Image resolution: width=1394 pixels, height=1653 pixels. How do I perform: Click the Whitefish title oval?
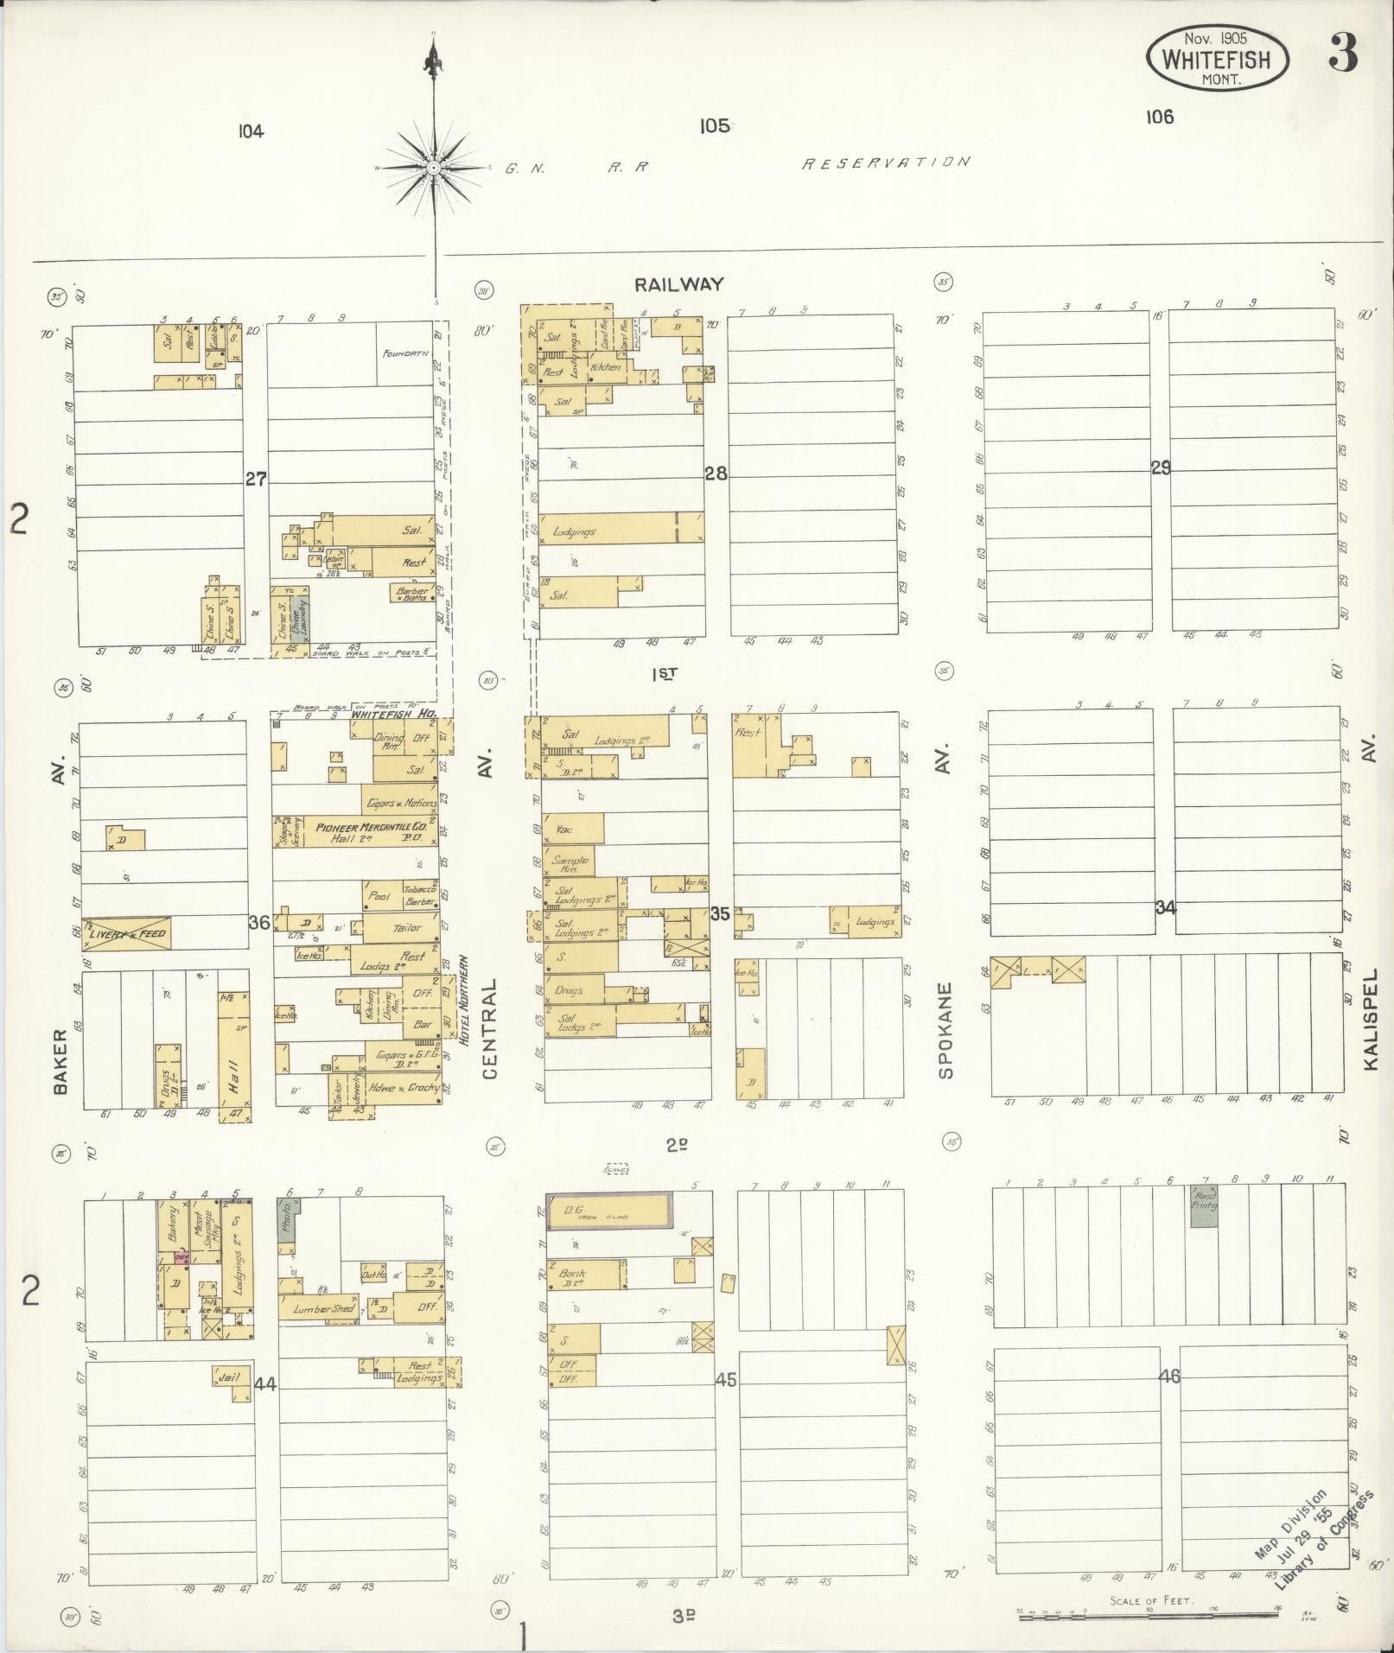point(1217,59)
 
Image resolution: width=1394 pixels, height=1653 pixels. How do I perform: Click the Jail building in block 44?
point(231,1377)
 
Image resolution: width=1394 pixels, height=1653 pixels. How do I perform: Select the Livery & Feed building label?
point(126,933)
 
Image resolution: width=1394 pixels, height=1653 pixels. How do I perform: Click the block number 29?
point(1160,467)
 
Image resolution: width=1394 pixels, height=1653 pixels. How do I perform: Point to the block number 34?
point(1165,907)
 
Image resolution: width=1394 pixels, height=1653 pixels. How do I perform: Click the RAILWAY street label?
point(678,284)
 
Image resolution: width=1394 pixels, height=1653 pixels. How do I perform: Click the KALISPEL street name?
point(1370,1019)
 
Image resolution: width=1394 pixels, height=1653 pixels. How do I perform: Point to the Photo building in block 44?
point(287,1219)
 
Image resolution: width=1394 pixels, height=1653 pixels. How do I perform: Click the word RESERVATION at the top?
point(886,162)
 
